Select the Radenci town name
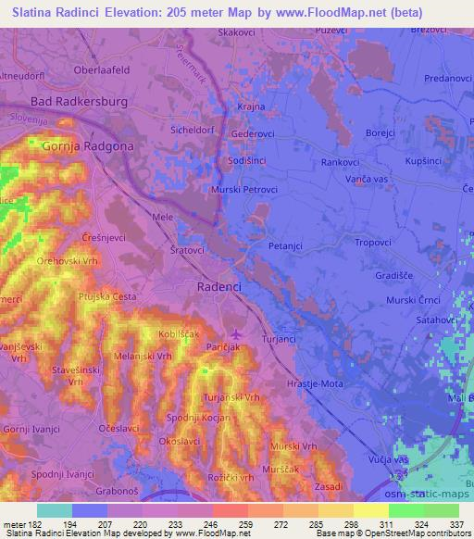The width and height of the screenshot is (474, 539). [219, 287]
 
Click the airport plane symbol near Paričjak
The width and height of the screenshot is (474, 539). [236, 334]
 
